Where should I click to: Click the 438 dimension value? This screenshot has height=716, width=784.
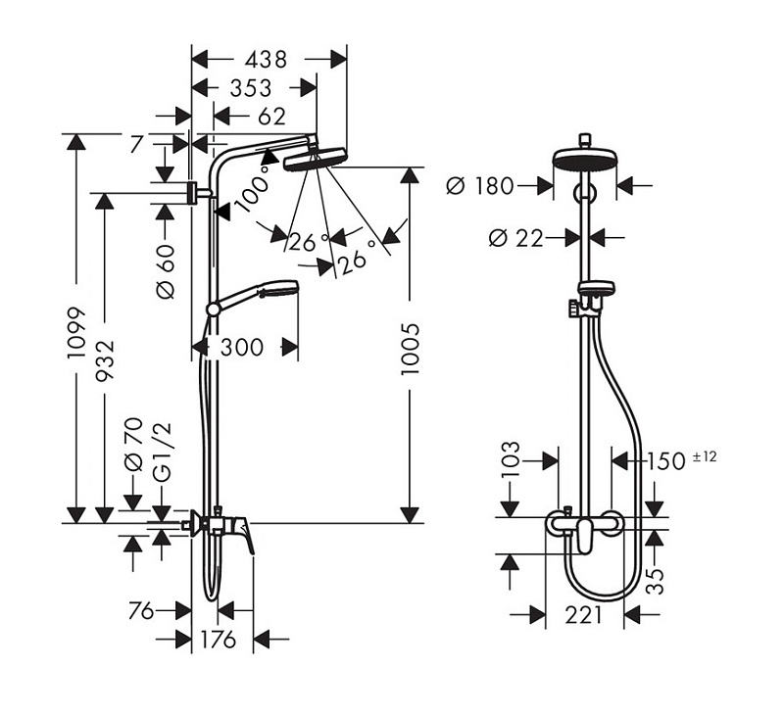(266, 60)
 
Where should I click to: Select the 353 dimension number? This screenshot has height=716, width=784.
(251, 88)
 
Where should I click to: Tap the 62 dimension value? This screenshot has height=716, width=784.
(272, 117)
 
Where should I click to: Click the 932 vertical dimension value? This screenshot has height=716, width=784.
(105, 359)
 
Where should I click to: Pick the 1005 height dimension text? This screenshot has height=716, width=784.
(410, 349)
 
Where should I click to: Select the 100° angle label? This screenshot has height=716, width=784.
(254, 188)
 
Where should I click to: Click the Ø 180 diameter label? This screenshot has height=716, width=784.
(479, 186)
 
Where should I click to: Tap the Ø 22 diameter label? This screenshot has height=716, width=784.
(515, 238)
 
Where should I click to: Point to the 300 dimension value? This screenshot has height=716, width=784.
(242, 348)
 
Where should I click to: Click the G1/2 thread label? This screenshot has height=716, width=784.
(162, 453)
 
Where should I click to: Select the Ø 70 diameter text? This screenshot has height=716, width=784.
(133, 445)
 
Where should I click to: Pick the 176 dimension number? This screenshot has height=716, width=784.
(218, 639)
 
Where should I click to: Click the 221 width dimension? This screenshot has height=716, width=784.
(583, 615)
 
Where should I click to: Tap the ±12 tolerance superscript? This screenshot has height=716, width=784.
(705, 456)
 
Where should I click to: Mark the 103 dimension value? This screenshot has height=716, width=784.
(510, 460)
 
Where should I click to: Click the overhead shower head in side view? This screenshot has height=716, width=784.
(315, 158)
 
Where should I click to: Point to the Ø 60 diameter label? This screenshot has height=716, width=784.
(166, 271)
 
